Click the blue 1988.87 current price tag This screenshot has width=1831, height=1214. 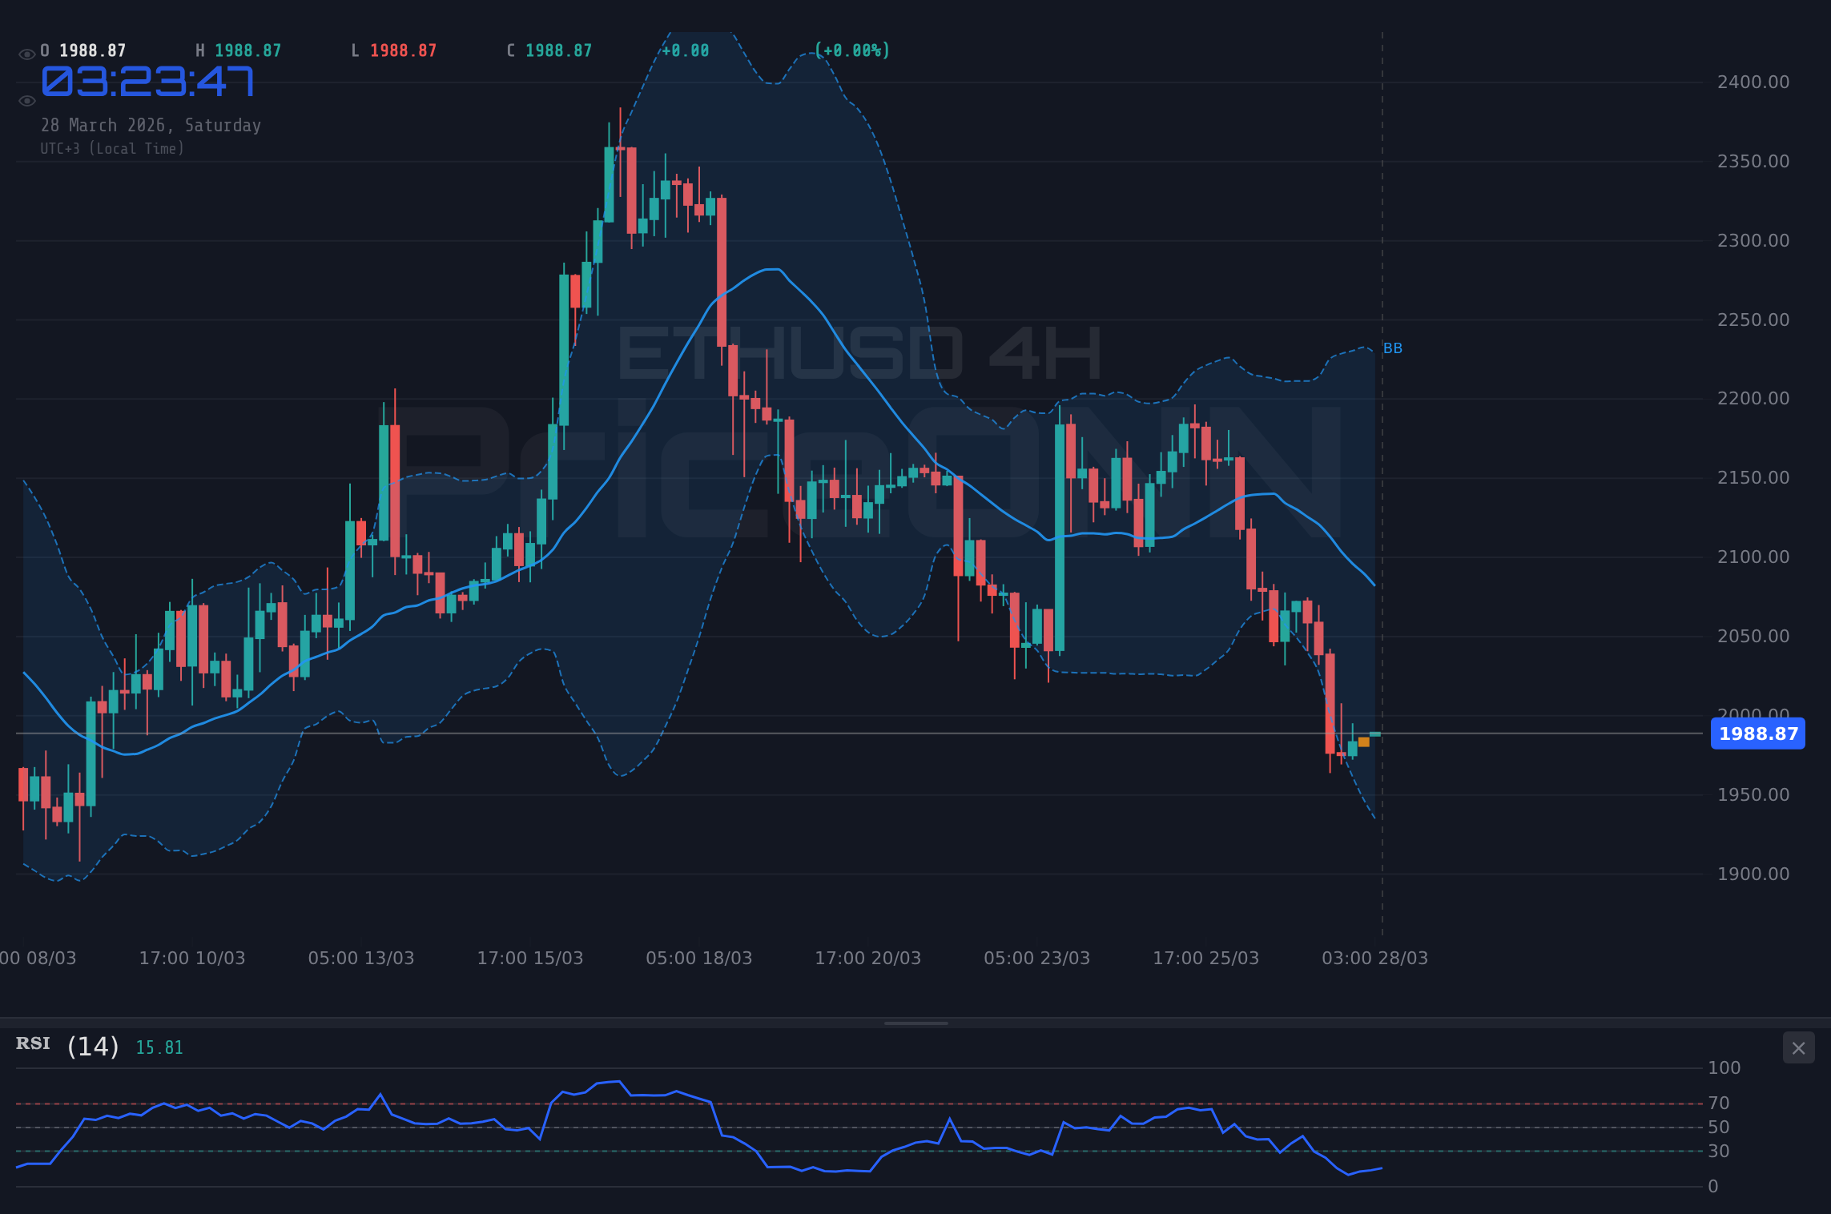coord(1757,734)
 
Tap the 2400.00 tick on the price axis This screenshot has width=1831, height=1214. coord(1753,82)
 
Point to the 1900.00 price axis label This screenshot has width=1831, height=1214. coord(1753,874)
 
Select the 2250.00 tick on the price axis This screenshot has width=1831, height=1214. coord(1753,320)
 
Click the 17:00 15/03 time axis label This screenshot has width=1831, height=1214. coord(529,959)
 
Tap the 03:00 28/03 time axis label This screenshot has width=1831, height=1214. coord(1374,959)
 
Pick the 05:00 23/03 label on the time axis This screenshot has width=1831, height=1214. coord(1036,959)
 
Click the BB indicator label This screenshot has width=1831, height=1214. coord(1393,348)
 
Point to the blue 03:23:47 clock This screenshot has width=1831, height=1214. coord(148,82)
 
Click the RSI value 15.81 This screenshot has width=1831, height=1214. coord(159,1048)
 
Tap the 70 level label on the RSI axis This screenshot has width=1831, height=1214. coord(1718,1103)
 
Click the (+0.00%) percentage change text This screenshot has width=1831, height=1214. coord(852,51)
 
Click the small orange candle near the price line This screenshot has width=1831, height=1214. coord(1364,742)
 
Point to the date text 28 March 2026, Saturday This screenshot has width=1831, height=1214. coord(151,126)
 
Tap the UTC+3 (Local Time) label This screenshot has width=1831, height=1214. coord(112,149)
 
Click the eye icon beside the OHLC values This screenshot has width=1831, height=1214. coord(26,54)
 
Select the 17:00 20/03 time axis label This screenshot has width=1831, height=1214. coord(867,959)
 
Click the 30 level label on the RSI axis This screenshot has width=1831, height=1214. coord(1718,1152)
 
